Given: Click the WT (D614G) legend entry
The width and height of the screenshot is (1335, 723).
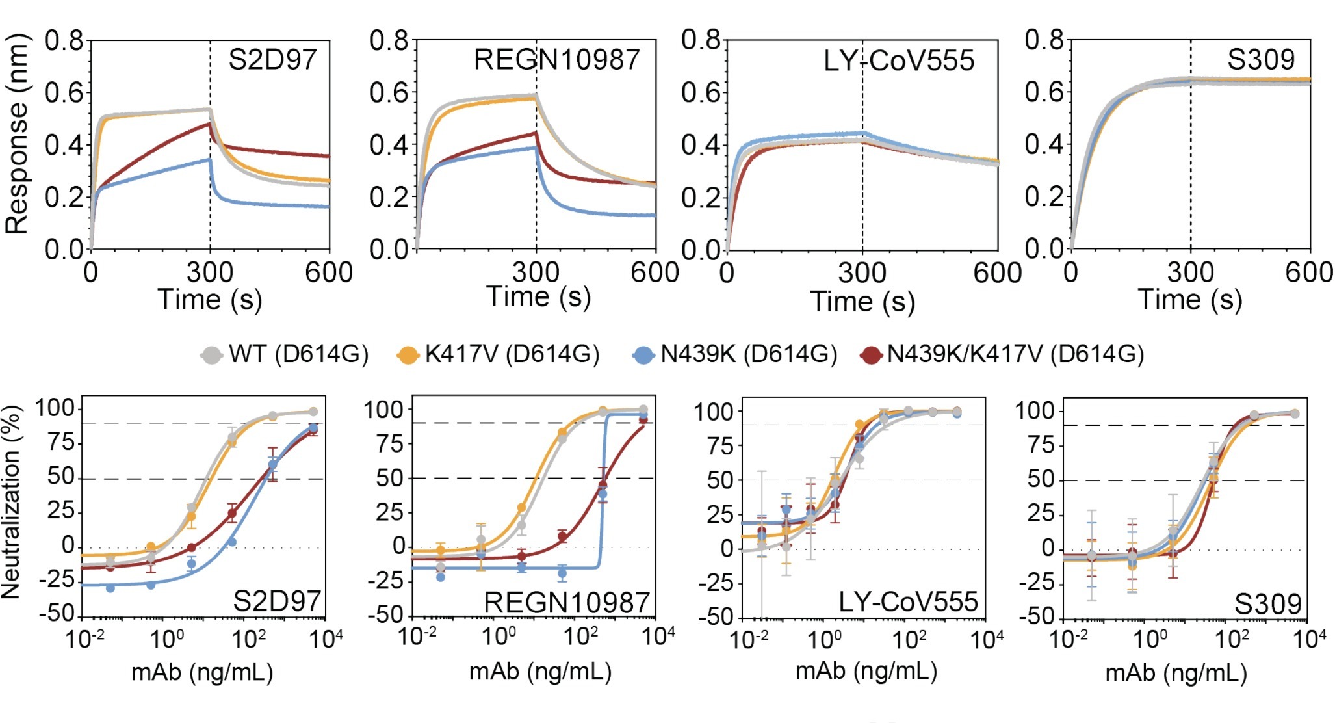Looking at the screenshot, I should tap(285, 354).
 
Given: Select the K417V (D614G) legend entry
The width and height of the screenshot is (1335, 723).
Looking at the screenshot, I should tap(499, 354).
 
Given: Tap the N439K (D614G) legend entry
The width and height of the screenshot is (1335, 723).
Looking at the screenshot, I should tap(735, 354).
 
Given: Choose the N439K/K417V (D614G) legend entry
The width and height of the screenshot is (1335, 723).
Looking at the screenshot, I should tap(1002, 354).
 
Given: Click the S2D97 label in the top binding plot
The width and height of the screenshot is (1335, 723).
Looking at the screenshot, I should tap(272, 60).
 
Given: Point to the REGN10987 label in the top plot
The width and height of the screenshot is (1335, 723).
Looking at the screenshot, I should tap(557, 60).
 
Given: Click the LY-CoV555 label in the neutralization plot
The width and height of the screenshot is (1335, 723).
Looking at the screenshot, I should tap(908, 601).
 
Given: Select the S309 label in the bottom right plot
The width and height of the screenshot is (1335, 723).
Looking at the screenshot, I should tap(1267, 604).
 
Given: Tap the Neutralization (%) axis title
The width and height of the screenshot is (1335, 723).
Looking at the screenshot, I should tap(11, 502).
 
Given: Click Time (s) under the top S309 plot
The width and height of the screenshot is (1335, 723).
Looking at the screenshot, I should tap(1190, 300).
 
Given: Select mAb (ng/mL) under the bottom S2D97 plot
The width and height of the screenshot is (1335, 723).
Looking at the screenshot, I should tap(202, 672).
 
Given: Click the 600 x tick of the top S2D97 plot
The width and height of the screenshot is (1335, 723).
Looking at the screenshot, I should tap(329, 272).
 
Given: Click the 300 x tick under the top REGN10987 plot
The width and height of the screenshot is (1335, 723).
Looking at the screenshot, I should tap(536, 272).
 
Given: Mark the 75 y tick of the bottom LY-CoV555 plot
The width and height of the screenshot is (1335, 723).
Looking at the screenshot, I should tap(720, 446).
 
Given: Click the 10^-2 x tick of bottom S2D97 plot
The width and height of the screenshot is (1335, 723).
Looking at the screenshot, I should tap(84, 639).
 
